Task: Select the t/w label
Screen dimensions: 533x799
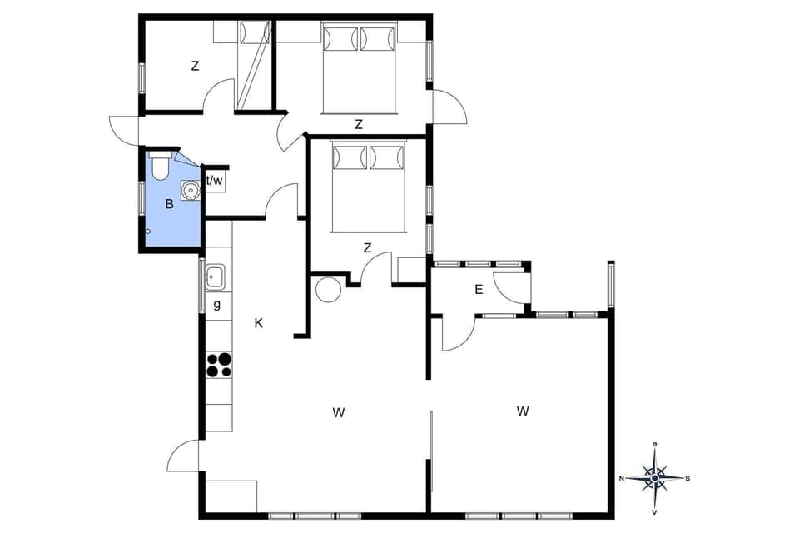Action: click(215, 181)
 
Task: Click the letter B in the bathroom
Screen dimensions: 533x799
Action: click(169, 203)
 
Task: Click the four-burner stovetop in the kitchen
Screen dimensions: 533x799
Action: click(219, 365)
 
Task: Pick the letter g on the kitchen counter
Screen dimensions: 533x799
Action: click(217, 305)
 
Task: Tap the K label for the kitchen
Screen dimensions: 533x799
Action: click(259, 323)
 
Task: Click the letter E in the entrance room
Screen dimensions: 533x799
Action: click(479, 290)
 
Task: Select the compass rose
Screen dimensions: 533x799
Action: click(655, 478)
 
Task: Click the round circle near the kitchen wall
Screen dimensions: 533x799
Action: click(327, 289)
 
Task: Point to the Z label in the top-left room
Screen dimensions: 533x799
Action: click(195, 67)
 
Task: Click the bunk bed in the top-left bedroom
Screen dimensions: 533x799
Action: click(254, 63)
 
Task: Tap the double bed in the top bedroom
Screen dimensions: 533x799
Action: click(359, 67)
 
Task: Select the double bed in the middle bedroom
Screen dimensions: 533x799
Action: click(368, 185)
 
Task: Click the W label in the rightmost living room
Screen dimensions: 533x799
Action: click(523, 411)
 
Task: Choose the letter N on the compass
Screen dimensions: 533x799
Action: click(623, 478)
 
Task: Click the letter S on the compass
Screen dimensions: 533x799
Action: click(687, 478)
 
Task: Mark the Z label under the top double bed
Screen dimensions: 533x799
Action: click(359, 125)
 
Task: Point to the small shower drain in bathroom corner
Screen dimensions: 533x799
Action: click(148, 231)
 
